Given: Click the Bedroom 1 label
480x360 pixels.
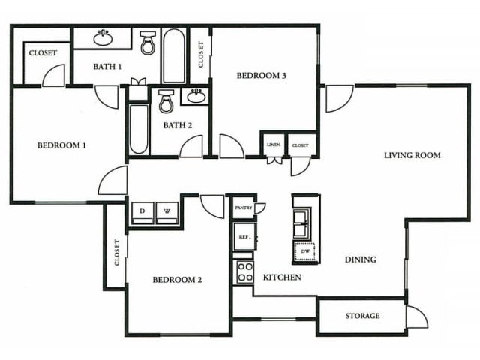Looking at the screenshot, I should (x=61, y=145).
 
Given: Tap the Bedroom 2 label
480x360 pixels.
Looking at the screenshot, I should (x=178, y=280).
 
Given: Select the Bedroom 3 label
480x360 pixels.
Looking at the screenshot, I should (x=262, y=75).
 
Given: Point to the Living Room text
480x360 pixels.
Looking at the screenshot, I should (x=412, y=156).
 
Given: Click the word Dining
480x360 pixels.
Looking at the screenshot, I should (x=360, y=259).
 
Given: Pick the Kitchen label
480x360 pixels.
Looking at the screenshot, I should (x=282, y=277).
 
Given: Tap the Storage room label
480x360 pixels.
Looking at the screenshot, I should (x=362, y=316).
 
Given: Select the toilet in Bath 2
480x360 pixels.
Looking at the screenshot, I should (x=166, y=100).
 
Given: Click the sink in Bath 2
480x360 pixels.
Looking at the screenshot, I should (x=196, y=95).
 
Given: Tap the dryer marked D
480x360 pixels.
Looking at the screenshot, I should (x=142, y=212).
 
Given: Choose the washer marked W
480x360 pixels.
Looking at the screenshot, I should (x=168, y=212).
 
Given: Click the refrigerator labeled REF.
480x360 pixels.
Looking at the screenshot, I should (x=244, y=236).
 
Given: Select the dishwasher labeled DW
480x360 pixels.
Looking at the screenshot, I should (x=306, y=252).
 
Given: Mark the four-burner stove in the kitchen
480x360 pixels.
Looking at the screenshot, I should (x=244, y=271).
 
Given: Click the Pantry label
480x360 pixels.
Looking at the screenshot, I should (x=243, y=207).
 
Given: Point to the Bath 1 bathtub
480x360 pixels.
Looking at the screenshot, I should (x=174, y=55).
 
